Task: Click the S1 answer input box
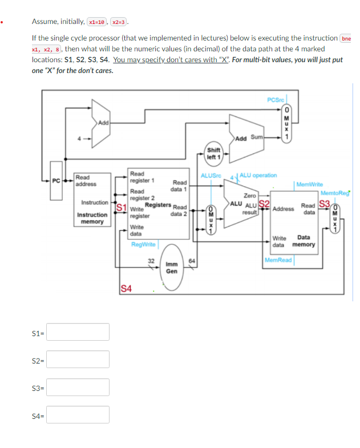[x=78, y=332]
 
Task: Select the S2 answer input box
[x=78, y=359]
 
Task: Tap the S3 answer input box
[x=78, y=387]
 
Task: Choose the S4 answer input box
[x=78, y=414]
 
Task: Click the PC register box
[x=56, y=181]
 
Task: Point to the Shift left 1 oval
[x=213, y=154]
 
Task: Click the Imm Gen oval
[x=171, y=268]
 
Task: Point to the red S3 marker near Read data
[x=325, y=203]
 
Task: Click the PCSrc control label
[x=276, y=101]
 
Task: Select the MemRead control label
[x=278, y=260]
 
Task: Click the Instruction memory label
[x=92, y=218]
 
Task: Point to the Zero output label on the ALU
[x=249, y=195]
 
